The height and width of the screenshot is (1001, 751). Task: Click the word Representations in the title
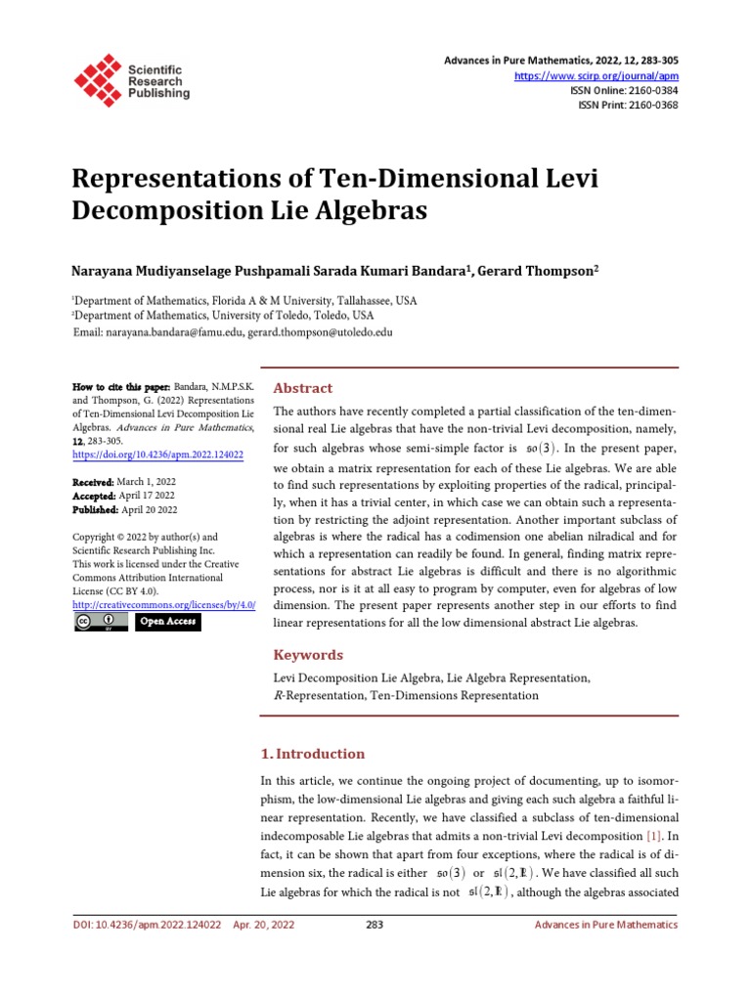pos(175,180)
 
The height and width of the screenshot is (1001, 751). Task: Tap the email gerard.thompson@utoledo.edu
pos(321,332)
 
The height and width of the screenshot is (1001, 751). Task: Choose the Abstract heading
pos(302,388)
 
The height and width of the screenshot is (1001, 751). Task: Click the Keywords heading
pos(308,655)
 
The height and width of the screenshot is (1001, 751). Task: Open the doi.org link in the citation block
pos(158,455)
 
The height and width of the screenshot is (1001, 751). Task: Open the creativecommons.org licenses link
pos(164,606)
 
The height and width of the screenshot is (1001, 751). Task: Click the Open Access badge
pos(167,623)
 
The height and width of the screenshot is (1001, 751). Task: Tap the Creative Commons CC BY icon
pos(101,623)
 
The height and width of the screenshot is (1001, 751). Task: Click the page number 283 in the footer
pos(374,925)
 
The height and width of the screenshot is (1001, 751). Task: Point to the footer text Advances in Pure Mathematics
pos(605,925)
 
